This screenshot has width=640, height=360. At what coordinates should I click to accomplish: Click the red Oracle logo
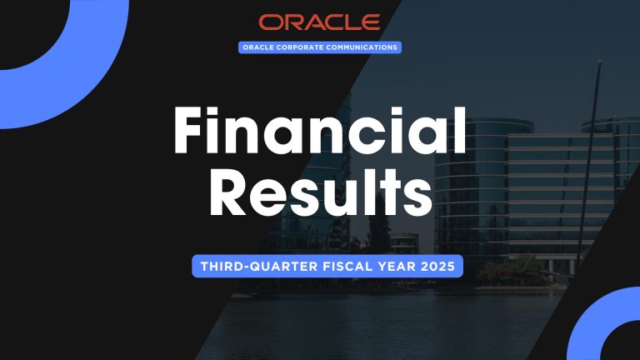(319, 22)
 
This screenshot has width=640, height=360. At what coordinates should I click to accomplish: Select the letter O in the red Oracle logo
(270, 22)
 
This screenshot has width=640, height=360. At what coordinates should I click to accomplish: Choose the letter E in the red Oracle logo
(371, 22)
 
